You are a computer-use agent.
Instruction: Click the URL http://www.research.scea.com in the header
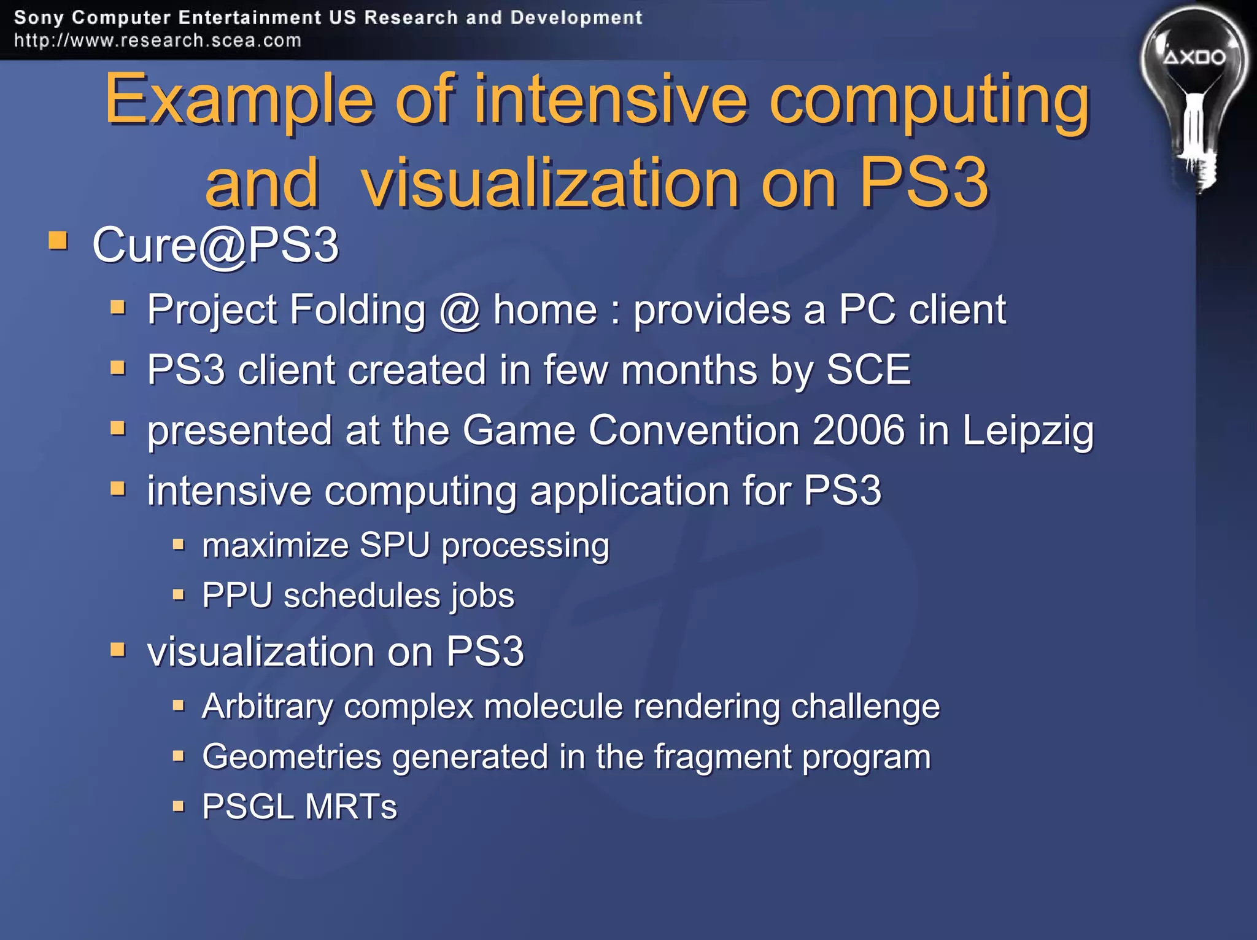coord(158,41)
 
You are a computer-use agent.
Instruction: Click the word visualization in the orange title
coord(550,183)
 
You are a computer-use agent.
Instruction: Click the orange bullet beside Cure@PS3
coord(58,240)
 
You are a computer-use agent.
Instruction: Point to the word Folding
coord(357,309)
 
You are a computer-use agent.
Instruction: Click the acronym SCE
coord(868,370)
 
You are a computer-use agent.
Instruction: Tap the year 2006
coord(858,430)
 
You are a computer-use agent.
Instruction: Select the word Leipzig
coord(1027,431)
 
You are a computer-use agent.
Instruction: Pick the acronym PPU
coord(237,596)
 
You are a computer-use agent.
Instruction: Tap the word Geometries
coord(292,756)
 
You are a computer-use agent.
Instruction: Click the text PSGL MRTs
coord(300,807)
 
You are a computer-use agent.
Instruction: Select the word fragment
coord(722,757)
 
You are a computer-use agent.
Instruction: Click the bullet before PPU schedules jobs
coord(179,594)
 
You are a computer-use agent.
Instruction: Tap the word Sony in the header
coord(38,17)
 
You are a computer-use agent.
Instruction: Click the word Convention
coord(694,430)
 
